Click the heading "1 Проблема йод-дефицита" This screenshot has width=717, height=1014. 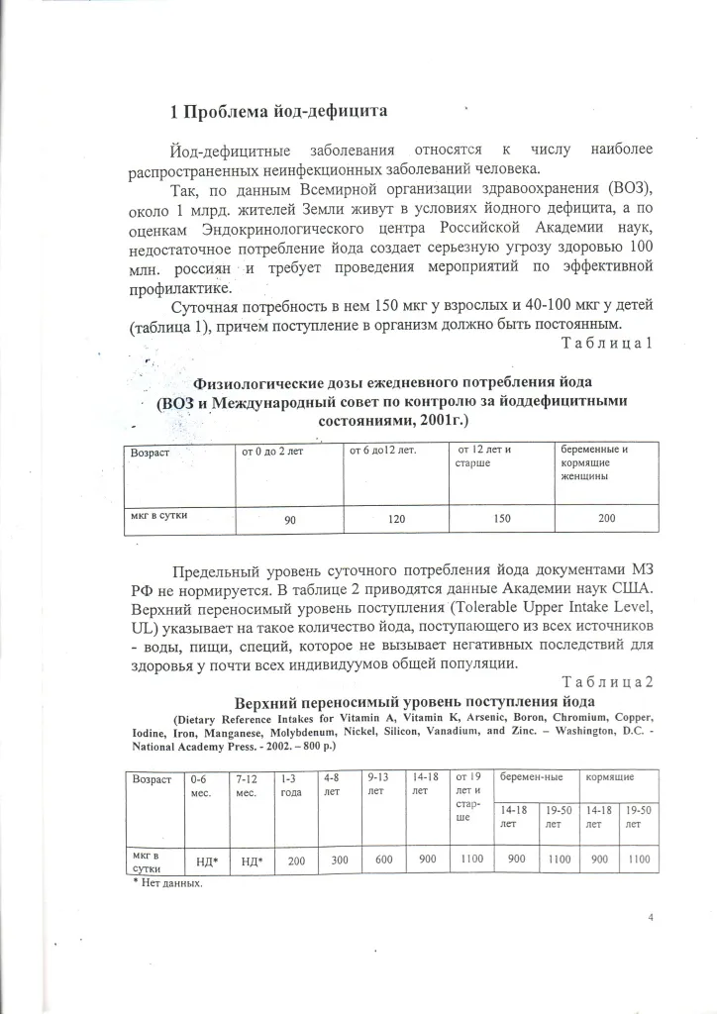[x=278, y=111]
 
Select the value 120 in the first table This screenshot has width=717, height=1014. [x=396, y=518]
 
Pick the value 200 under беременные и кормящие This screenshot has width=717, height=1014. [x=605, y=517]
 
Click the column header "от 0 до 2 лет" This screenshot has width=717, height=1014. [x=271, y=452]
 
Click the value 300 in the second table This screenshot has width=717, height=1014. [x=340, y=861]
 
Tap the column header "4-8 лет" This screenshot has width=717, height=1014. [x=334, y=784]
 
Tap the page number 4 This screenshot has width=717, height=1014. [x=651, y=918]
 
